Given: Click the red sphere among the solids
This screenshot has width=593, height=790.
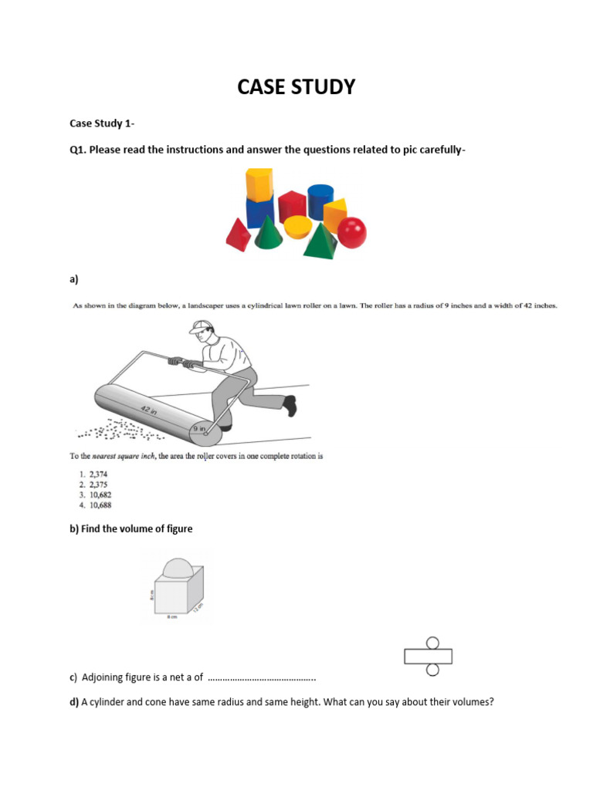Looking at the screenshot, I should click(352, 232).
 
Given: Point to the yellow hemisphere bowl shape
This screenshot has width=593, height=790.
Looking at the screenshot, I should click(297, 227).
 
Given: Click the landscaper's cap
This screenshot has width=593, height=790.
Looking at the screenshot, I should click(199, 326).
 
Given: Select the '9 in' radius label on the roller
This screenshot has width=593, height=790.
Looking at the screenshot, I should click(198, 427).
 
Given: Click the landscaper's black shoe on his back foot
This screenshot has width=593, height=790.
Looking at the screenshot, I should click(290, 405).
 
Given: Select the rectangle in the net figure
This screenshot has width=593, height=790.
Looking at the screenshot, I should click(428, 657).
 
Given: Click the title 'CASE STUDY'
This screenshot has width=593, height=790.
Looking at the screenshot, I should click(296, 87).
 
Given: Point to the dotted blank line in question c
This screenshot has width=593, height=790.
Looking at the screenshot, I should click(262, 678).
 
